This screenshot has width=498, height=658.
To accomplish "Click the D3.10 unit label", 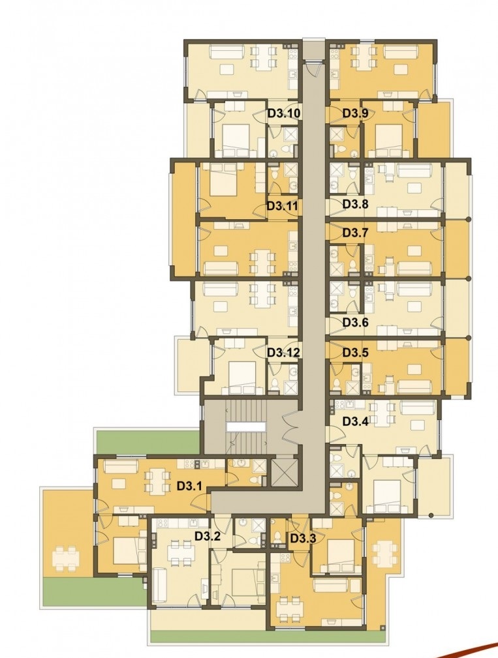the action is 283,113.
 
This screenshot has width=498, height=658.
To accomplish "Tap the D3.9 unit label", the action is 355,113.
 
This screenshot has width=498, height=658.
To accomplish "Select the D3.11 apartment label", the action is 283,206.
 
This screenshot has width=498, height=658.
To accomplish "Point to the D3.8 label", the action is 356,204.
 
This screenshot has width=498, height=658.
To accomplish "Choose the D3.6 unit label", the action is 356,322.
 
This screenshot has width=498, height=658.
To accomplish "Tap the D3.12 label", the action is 283,353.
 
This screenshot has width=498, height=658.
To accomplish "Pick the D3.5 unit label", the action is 355,353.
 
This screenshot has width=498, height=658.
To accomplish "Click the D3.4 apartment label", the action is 355,421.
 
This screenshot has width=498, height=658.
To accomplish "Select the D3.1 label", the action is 189,486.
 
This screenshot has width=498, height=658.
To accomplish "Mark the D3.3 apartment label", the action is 303,539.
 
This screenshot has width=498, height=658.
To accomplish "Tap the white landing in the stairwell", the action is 245,426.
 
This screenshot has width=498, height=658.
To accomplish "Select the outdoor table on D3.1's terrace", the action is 65,558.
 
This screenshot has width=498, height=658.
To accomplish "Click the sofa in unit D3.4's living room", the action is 417,408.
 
